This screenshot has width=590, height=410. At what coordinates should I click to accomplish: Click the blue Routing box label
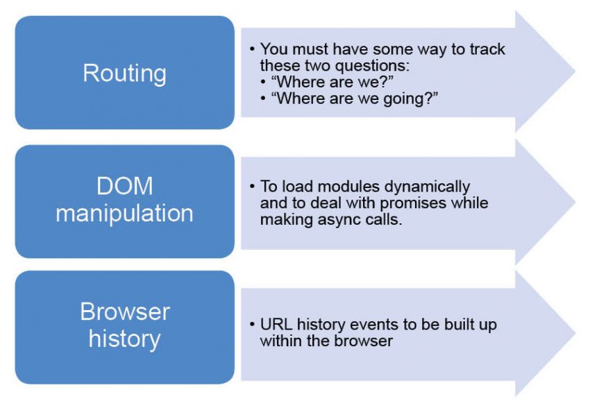tap(124, 73)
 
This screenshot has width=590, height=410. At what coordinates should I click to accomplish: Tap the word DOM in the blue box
tap(124, 187)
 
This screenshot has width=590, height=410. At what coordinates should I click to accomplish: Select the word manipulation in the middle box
tap(124, 212)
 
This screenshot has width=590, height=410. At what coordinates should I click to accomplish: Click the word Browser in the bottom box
tap(124, 311)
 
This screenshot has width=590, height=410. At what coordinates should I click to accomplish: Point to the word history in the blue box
tap(124, 339)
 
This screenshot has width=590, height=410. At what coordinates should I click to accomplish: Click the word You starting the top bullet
tap(273, 49)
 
